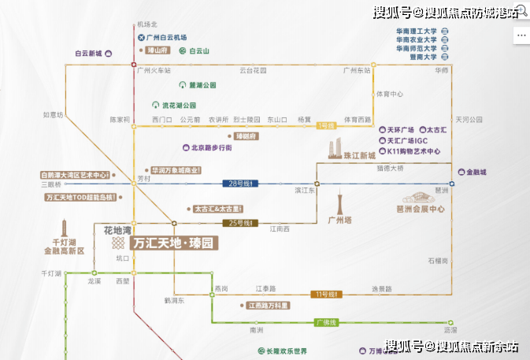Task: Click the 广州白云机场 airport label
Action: pos(166,37)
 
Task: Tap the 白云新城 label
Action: pos(89,54)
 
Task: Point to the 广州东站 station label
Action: pos(357,71)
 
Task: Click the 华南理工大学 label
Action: pos(417,31)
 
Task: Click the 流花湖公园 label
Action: pos(177,105)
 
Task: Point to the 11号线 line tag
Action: pos(324,294)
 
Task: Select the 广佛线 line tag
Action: pos(325,323)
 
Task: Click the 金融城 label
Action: pos(476,172)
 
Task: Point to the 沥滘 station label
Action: pos(450,330)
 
